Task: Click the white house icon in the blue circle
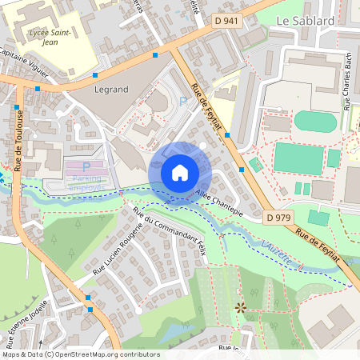pos(180,172)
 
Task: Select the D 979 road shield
pos(277,218)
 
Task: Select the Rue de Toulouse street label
pos(19,137)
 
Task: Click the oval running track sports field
pos(315,122)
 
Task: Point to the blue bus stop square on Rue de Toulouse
pos(17,107)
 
